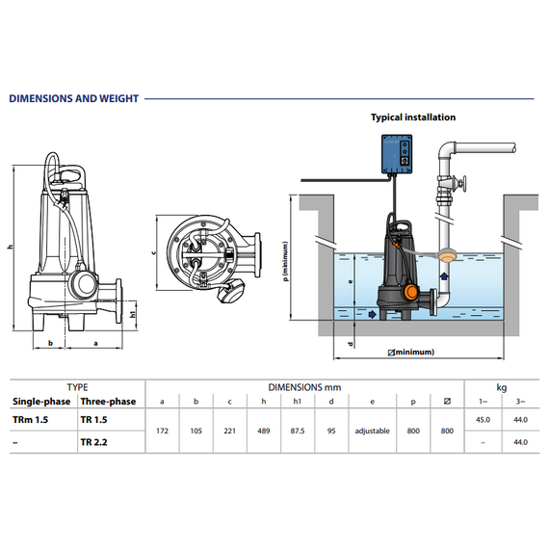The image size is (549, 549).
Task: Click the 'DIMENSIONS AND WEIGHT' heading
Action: [x=74, y=99]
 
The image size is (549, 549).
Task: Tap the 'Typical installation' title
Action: [x=413, y=118]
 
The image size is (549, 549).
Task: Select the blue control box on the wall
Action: [x=397, y=154]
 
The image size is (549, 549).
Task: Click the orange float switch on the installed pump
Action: [x=410, y=292]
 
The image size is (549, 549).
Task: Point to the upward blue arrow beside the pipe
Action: [x=444, y=275]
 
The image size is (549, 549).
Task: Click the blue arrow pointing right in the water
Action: [x=372, y=314]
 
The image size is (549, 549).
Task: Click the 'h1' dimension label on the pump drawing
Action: [x=133, y=314]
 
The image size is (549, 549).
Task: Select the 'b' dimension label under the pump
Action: [x=50, y=343]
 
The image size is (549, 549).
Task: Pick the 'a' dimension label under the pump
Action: [x=95, y=344]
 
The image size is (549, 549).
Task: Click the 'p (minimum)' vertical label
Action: [x=286, y=261]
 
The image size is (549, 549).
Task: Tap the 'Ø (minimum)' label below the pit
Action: [x=411, y=352]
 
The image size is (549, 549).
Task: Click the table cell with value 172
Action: [x=162, y=431]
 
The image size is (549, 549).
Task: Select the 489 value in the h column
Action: [x=264, y=431]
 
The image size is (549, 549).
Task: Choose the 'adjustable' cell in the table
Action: [x=372, y=431]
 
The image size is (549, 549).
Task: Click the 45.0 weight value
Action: [x=483, y=419]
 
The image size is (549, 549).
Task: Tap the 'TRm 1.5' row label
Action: [x=30, y=419]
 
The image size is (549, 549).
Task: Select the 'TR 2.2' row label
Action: [x=93, y=442]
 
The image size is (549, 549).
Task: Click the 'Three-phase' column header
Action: [x=108, y=402]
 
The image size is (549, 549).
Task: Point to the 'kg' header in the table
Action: [x=502, y=387]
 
